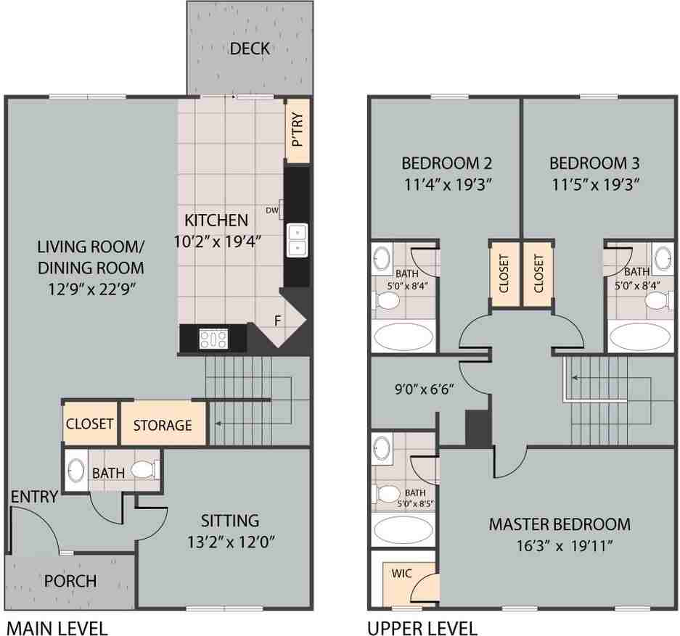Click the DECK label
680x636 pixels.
click(250, 49)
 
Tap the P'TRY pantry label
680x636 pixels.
click(297, 131)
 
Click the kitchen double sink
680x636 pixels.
click(297, 240)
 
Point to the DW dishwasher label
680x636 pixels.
click(272, 210)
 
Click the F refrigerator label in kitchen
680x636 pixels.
click(276, 321)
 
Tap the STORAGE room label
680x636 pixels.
click(163, 425)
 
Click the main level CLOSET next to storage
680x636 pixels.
click(90, 424)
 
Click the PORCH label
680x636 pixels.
click(70, 581)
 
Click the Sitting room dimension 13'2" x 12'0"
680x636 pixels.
click(230, 541)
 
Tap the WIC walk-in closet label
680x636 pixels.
click(401, 573)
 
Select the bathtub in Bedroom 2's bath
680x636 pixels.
click(404, 337)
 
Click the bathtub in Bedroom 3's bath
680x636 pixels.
click(640, 337)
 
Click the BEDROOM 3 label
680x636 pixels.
click(594, 162)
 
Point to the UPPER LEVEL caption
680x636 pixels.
click(422, 627)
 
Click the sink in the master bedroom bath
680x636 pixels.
click(380, 447)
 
